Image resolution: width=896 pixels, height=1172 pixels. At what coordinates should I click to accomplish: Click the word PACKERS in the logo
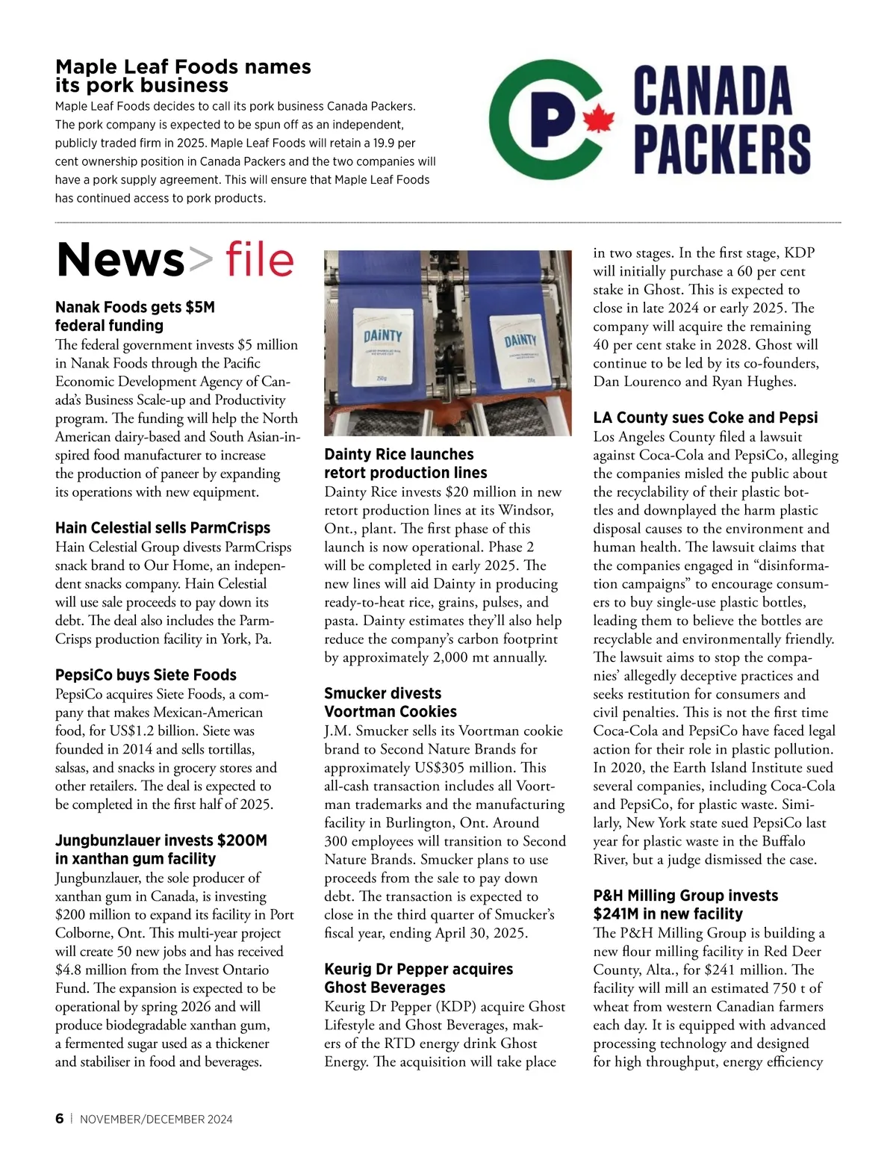tap(722, 149)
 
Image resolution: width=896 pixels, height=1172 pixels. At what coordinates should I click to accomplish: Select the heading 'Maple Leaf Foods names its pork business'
tap(183, 75)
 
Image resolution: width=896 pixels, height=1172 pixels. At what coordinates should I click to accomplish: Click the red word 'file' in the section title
tap(260, 260)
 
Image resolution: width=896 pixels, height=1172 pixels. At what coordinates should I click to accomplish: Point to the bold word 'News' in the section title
tap(120, 260)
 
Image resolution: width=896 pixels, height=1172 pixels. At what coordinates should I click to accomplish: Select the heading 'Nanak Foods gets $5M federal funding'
tap(135, 316)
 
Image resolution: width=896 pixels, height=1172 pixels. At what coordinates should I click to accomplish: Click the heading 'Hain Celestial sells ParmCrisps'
tap(163, 527)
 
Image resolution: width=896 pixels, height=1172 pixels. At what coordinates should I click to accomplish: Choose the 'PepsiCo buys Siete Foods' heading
tap(146, 675)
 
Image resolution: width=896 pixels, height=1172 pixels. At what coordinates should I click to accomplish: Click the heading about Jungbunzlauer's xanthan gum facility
tap(161, 849)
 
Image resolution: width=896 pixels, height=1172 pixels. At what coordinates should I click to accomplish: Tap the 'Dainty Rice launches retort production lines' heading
tap(405, 463)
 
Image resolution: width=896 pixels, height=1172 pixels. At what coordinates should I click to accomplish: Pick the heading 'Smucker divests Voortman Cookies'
tap(390, 702)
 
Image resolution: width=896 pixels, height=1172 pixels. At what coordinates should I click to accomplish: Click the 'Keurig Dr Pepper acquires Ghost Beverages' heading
tap(418, 978)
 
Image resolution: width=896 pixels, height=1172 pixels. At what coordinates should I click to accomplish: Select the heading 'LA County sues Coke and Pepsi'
tap(705, 418)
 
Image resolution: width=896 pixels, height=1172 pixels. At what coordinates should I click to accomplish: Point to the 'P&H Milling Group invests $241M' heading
tap(685, 904)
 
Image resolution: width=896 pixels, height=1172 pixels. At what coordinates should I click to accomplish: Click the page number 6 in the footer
tap(60, 1118)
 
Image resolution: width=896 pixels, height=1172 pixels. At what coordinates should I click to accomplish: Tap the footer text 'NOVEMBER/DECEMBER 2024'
tap(156, 1119)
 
